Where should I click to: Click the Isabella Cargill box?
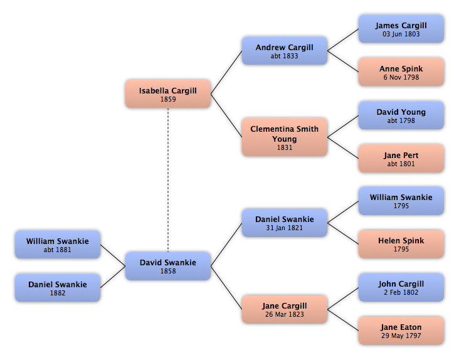coord(168,94)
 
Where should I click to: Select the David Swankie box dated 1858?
coord(168,266)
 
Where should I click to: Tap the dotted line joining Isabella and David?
coord(168,180)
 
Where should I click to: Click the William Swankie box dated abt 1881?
coord(58,245)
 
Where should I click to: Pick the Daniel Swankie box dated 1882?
coord(58,288)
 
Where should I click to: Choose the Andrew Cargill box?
coord(285,51)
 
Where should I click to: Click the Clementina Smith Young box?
coord(285,137)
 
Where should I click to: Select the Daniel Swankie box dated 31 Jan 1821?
coord(285,223)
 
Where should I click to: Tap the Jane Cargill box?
coord(285,309)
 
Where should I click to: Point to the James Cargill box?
coord(401,29)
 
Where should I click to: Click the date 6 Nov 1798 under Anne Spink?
coord(401,77)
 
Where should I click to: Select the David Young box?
coord(401,115)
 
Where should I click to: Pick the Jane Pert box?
coord(401,158)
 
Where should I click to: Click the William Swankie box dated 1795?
coord(401,201)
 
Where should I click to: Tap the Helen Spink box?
coord(401,244)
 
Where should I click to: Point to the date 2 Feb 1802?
coord(401,292)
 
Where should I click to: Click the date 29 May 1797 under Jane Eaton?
coord(401,336)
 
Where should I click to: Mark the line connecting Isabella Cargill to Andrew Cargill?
coord(226,73)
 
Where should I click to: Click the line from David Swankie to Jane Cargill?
coord(226,288)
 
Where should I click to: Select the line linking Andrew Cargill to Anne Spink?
coord(343,61)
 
